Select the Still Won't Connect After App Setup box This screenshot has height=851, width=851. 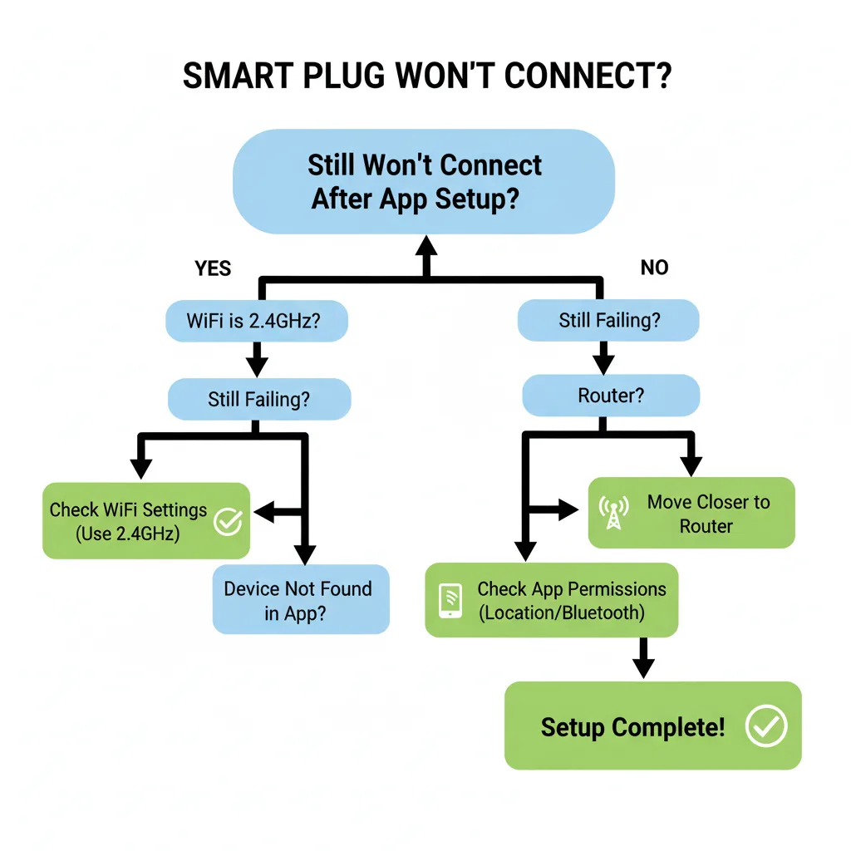pos(425,181)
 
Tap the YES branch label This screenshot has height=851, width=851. pos(213,268)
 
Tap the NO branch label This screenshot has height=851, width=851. pos(654,268)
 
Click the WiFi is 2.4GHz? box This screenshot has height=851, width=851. pos(256,321)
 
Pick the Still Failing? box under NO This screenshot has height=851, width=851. pos(608,321)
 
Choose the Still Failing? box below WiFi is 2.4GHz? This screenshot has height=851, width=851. pos(258,400)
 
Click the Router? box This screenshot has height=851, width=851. pos(610,396)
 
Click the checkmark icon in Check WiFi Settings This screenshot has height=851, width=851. pos(228,521)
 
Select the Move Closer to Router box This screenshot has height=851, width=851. pos(691,514)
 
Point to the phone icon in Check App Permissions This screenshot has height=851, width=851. pos(450,600)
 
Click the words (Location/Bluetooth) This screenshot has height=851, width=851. pos(561,613)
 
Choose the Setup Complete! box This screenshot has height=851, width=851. pos(652,726)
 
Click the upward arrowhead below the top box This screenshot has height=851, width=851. pos(425,245)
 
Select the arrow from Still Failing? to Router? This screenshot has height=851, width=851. pos(604,359)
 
